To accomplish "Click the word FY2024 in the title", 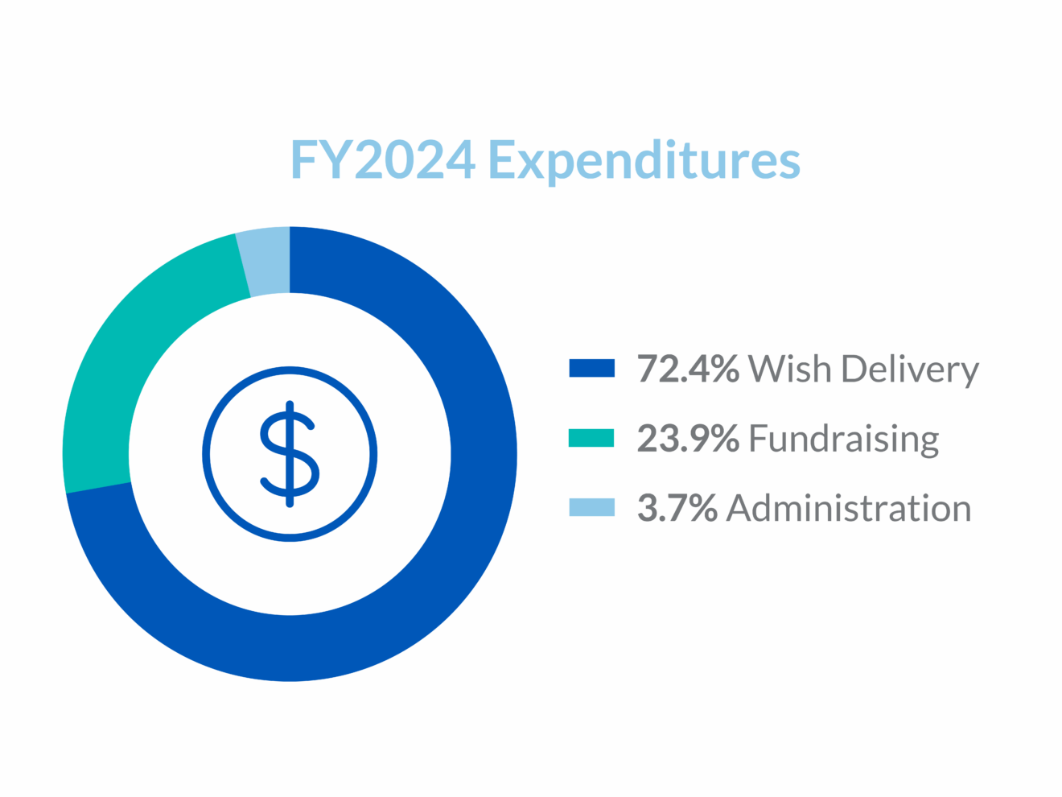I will pos(382,160).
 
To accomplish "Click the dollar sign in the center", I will pos(290,454).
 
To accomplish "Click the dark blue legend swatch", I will pos(591,368).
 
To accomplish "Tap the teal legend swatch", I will pos(591,438).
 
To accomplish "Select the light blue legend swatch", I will pos(591,507).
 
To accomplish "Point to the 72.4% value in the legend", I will pos(688,369).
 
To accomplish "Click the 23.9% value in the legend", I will pos(688,439).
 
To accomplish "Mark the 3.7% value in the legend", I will pos(677,508).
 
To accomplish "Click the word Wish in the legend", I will pos(789,369).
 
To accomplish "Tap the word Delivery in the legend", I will pos(909,370).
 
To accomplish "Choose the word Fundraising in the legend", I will pos(844,440).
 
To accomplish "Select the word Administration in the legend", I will pos(849,508).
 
